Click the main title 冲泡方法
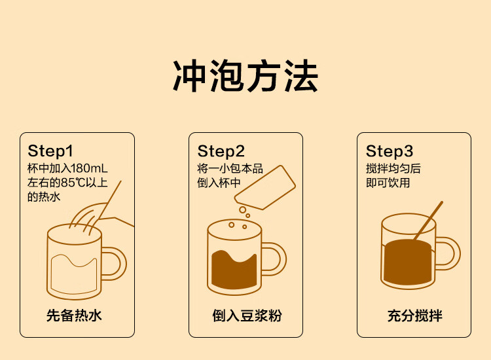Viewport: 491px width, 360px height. pyautogui.click(x=245, y=76)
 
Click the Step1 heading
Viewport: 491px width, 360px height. pyautogui.click(x=50, y=151)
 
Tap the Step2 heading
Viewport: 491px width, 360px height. pyautogui.click(x=221, y=151)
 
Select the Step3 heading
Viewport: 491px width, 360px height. pyautogui.click(x=390, y=151)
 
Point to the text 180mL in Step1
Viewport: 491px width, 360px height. pyautogui.click(x=89, y=168)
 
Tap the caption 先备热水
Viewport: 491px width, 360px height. pyautogui.click(x=74, y=315)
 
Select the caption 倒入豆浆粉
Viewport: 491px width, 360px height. pyautogui.click(x=247, y=315)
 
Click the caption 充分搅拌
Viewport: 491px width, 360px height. pyautogui.click(x=414, y=315)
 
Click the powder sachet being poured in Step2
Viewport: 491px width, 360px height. pyautogui.click(x=265, y=187)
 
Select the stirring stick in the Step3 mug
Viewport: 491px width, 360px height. pyautogui.click(x=428, y=221)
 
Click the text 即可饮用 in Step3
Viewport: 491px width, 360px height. pyautogui.click(x=388, y=183)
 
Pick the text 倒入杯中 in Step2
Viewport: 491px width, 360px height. pyautogui.click(x=219, y=183)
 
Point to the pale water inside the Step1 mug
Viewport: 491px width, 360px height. pyautogui.click(x=74, y=274)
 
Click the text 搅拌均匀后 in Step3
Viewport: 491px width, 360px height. pyautogui.click(x=393, y=168)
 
